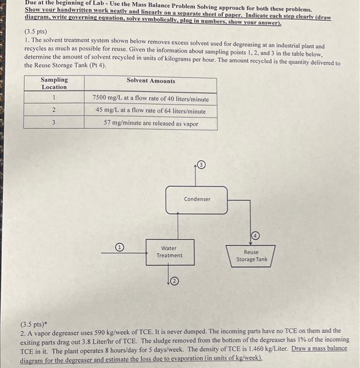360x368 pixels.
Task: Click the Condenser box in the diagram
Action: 197,200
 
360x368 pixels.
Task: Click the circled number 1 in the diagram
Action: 119,247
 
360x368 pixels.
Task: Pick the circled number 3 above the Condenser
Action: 202,166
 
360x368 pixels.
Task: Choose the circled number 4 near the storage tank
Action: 256,235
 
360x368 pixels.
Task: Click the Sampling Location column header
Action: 54,84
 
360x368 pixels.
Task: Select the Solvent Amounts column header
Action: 151,81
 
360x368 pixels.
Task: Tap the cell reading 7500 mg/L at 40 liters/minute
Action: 150,98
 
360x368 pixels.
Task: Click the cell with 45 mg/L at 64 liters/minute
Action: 150,111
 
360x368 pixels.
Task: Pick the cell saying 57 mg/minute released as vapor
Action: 150,124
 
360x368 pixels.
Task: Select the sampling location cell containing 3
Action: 54,123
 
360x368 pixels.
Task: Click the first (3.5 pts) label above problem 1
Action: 36,31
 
